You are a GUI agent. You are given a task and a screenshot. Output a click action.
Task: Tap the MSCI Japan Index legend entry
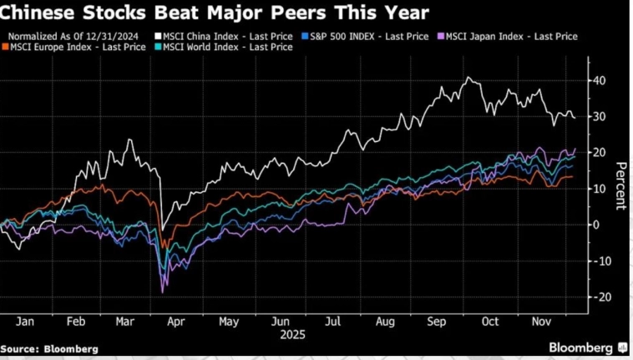click(511, 37)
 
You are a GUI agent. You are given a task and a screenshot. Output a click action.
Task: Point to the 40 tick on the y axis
click(598, 80)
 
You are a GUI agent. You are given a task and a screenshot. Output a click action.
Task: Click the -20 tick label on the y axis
click(598, 297)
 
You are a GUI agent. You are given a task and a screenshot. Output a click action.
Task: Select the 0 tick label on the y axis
click(596, 225)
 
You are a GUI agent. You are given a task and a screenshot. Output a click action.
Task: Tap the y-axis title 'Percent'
click(620, 185)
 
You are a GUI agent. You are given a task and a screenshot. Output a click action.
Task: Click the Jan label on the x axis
click(25, 322)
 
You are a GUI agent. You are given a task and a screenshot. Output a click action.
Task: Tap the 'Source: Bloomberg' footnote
click(50, 348)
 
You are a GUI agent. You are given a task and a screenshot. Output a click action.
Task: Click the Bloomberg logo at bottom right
click(582, 347)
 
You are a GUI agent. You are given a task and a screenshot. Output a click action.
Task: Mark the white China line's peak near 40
click(468, 78)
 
